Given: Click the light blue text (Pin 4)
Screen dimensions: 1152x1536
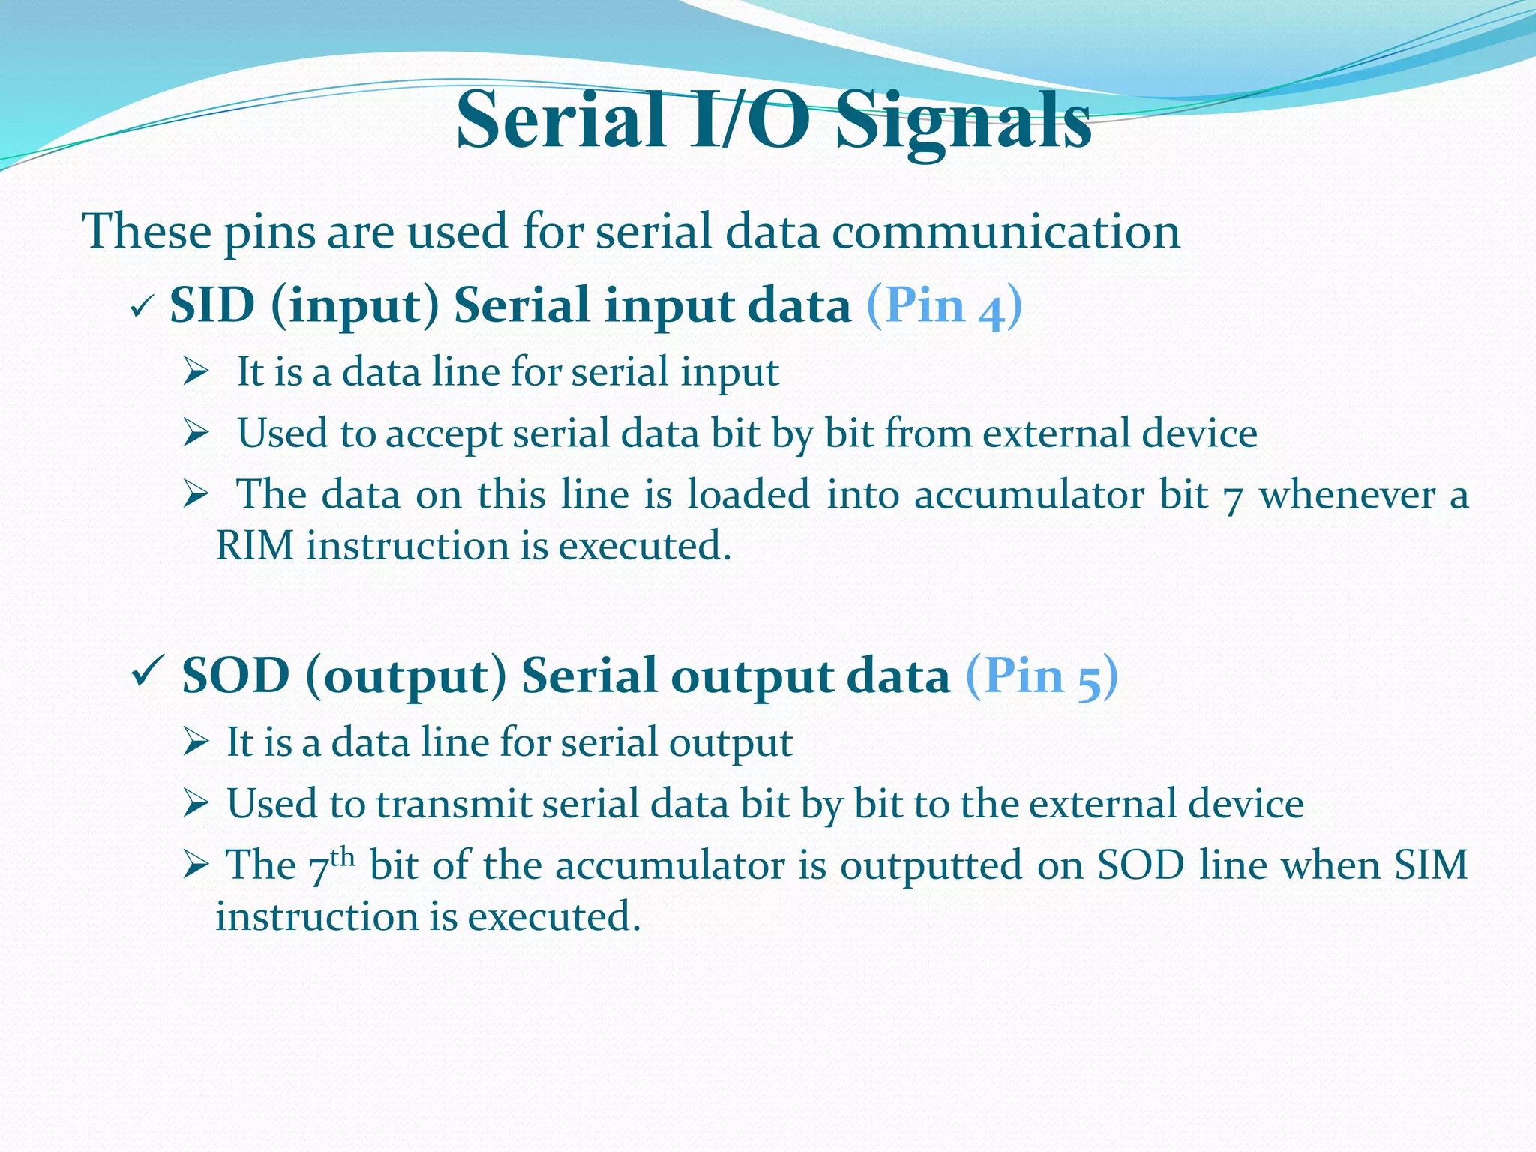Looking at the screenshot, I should pos(943,306).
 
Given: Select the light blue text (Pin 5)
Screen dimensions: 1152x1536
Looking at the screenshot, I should pos(1041,676).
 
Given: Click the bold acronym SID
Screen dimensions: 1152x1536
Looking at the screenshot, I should pos(212,305).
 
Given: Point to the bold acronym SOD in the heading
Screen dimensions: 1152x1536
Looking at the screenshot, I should pos(235,676).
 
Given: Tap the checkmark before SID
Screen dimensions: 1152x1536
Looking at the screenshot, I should pos(141,307).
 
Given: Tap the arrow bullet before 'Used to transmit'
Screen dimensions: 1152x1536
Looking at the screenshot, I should pos(195,805).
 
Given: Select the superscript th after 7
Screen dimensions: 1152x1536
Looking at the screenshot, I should pos(342,856).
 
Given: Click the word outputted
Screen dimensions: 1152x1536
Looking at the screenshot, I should pos(931,865).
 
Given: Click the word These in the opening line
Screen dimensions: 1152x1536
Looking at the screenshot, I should pos(147,232).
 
